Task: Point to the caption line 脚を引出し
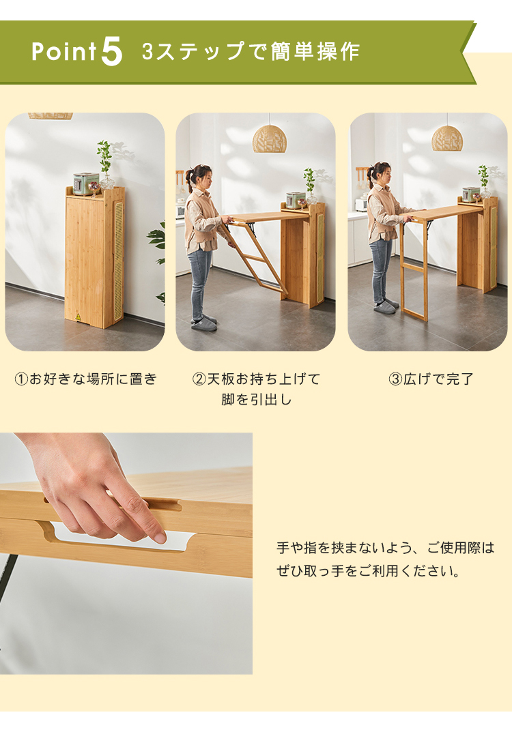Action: (x=256, y=400)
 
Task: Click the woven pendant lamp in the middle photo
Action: (x=270, y=139)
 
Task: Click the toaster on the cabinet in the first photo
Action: (x=86, y=182)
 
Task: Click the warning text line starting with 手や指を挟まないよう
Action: (x=385, y=548)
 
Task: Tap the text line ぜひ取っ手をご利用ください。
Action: (x=369, y=571)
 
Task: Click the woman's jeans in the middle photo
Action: (x=201, y=280)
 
